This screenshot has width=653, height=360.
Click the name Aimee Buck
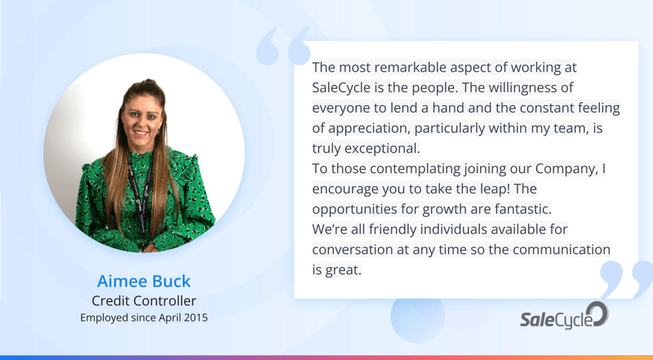[144, 282]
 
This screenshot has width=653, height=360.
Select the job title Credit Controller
[144, 300]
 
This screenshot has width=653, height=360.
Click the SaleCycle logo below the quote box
[564, 316]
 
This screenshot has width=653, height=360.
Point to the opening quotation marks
[283, 46]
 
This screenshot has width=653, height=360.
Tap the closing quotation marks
[626, 279]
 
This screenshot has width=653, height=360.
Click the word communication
[562, 250]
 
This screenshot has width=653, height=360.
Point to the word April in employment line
[167, 318]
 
